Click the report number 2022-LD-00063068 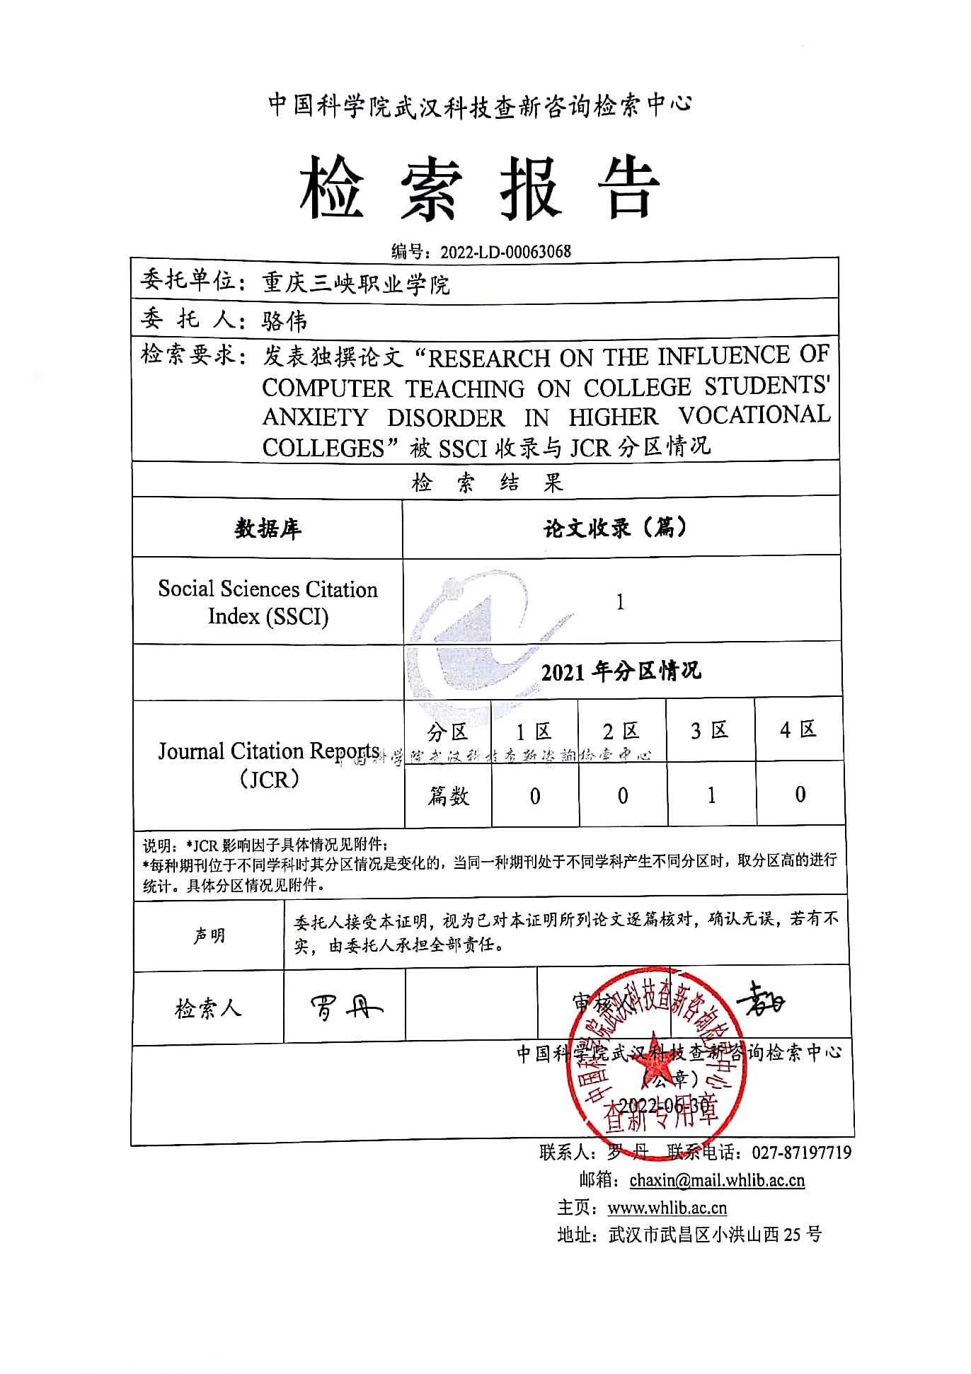(505, 252)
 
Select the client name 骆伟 (285, 322)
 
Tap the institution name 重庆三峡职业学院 (356, 284)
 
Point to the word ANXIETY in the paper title (316, 417)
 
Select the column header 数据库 (268, 529)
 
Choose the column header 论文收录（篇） (616, 527)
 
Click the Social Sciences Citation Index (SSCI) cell (268, 602)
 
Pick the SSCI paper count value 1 (620, 602)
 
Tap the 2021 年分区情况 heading (621, 671)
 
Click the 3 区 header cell (710, 730)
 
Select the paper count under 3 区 (711, 795)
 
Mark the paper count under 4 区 (800, 795)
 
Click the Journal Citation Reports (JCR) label (268, 765)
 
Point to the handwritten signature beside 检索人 (345, 1008)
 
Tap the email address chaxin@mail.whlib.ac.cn (717, 1180)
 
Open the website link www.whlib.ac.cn (667, 1208)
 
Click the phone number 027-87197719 (801, 1153)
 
